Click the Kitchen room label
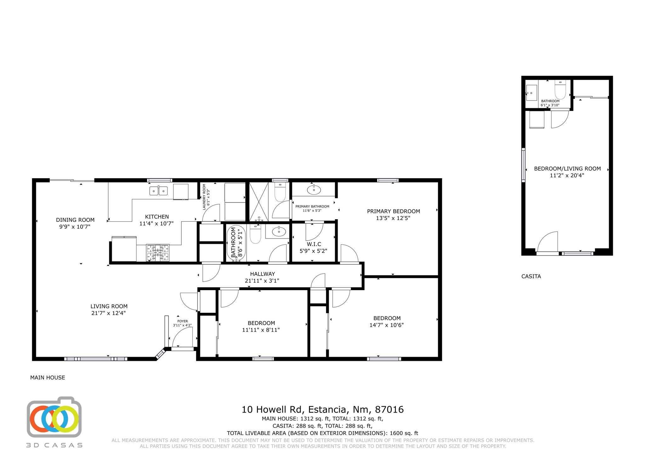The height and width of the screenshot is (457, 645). pos(157,217)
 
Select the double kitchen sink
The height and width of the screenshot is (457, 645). pos(158,191)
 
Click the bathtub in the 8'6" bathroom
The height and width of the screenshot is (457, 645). pos(236,243)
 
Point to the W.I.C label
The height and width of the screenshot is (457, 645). pos(314,244)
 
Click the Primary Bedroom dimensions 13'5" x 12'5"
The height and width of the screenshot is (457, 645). pos(393,218)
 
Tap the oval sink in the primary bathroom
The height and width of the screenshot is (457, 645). pos(314,190)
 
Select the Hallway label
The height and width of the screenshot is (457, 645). pos(262,274)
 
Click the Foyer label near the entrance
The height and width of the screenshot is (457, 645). pos(182,321)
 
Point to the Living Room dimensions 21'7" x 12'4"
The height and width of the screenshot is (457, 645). pos(109,313)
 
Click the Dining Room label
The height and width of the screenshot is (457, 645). pos(75,220)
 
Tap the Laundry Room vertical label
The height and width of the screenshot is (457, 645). pos(204,197)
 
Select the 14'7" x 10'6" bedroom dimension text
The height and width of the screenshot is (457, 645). pos(386,325)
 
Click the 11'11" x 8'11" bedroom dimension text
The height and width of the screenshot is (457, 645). pos(261,330)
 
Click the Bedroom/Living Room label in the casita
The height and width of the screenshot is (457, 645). pos(567,169)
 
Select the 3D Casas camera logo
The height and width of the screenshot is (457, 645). pos(54,417)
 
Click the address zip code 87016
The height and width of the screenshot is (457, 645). pos(389,410)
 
